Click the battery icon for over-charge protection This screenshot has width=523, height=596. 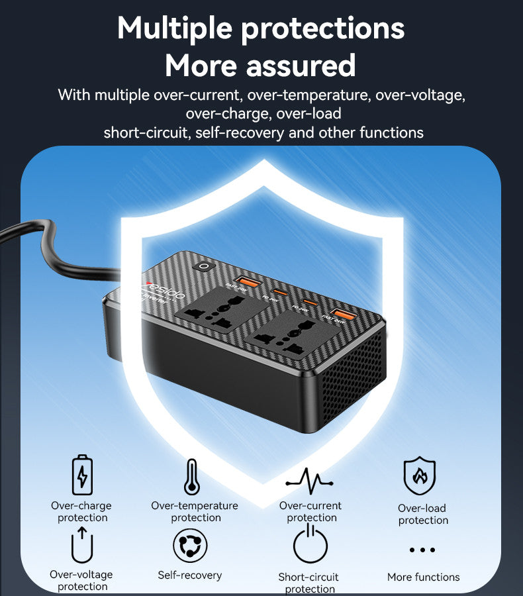coord(82,474)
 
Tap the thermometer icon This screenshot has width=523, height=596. coord(192,477)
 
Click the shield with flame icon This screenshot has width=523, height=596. coord(419,476)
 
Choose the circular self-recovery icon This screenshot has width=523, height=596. coord(189,546)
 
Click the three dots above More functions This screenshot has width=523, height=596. coord(422,550)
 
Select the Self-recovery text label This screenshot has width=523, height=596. coord(190,575)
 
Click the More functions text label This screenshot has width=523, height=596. coord(423,577)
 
